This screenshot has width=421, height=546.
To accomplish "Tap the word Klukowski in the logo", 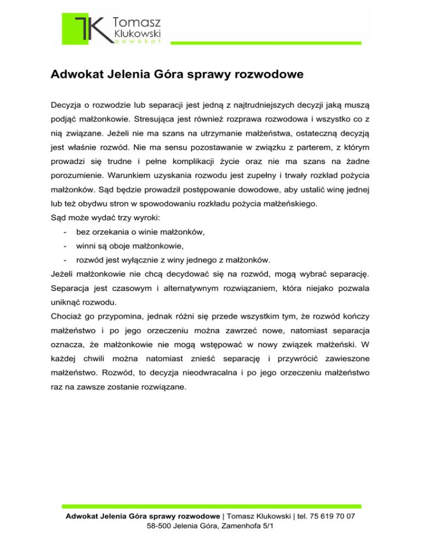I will [x=135, y=35].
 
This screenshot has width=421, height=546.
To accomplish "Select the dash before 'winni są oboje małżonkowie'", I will [x=65, y=246].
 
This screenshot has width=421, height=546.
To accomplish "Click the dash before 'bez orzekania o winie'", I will [x=65, y=232].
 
